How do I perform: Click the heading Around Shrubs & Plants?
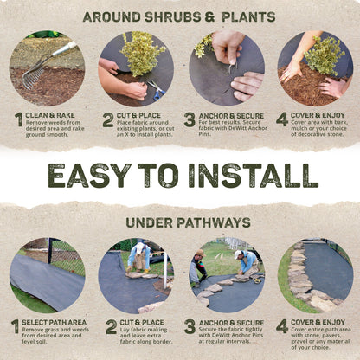pyautogui.click(x=179, y=16)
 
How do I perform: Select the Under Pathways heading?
pyautogui.click(x=179, y=222)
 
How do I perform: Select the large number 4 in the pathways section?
pyautogui.click(x=282, y=327)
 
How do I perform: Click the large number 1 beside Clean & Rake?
pyautogui.click(x=17, y=120)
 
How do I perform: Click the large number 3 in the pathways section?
pyautogui.click(x=190, y=327)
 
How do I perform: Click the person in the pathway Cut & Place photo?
pyautogui.click(x=138, y=255)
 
